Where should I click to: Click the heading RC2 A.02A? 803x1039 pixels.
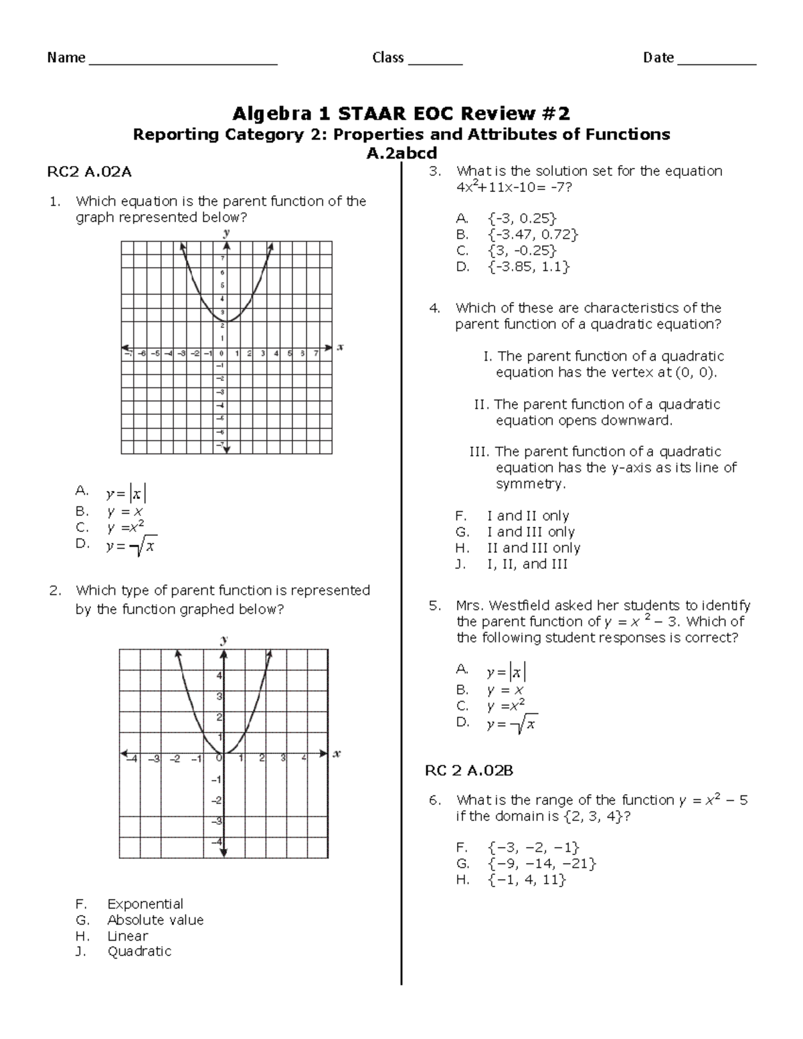coord(89,173)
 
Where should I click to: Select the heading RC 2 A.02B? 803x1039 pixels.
coord(469,771)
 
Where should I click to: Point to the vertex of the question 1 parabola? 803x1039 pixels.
coord(226,321)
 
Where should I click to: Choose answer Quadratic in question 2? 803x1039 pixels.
coord(139,951)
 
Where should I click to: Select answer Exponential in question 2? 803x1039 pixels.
coord(145,904)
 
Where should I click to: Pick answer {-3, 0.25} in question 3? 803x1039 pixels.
coord(522,219)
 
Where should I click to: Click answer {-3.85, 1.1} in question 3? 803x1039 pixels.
coord(529,267)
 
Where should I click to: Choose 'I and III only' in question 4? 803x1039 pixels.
coord(531,532)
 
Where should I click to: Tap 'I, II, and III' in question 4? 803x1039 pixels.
coord(527,564)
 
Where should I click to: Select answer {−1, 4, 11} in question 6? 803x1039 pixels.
coord(527,880)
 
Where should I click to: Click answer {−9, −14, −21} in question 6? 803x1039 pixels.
coord(542,864)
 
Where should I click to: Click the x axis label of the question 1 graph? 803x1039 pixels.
coord(340,347)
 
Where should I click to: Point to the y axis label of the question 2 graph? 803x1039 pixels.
coord(224,639)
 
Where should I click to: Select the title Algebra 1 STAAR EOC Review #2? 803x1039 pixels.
coord(401,112)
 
